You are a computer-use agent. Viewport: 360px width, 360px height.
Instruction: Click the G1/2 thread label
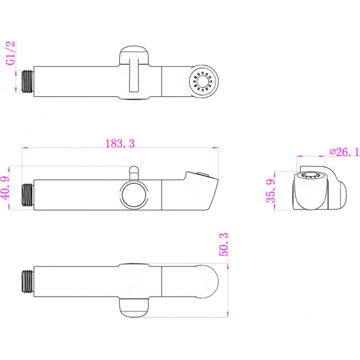10,53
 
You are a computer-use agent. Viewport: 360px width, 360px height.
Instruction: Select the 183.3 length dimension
120,143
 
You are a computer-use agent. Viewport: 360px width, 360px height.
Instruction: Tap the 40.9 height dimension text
5,188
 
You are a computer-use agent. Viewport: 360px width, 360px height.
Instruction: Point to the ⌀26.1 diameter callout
344,152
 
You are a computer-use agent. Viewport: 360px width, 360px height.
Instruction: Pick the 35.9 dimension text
270,190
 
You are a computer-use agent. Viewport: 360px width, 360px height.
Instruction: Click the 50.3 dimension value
224,244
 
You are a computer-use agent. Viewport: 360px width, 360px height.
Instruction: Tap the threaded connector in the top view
27,82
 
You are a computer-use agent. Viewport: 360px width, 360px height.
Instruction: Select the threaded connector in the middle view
27,194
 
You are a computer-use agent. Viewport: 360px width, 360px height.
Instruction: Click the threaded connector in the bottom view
27,281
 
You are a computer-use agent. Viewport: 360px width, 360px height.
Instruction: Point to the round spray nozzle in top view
204,81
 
